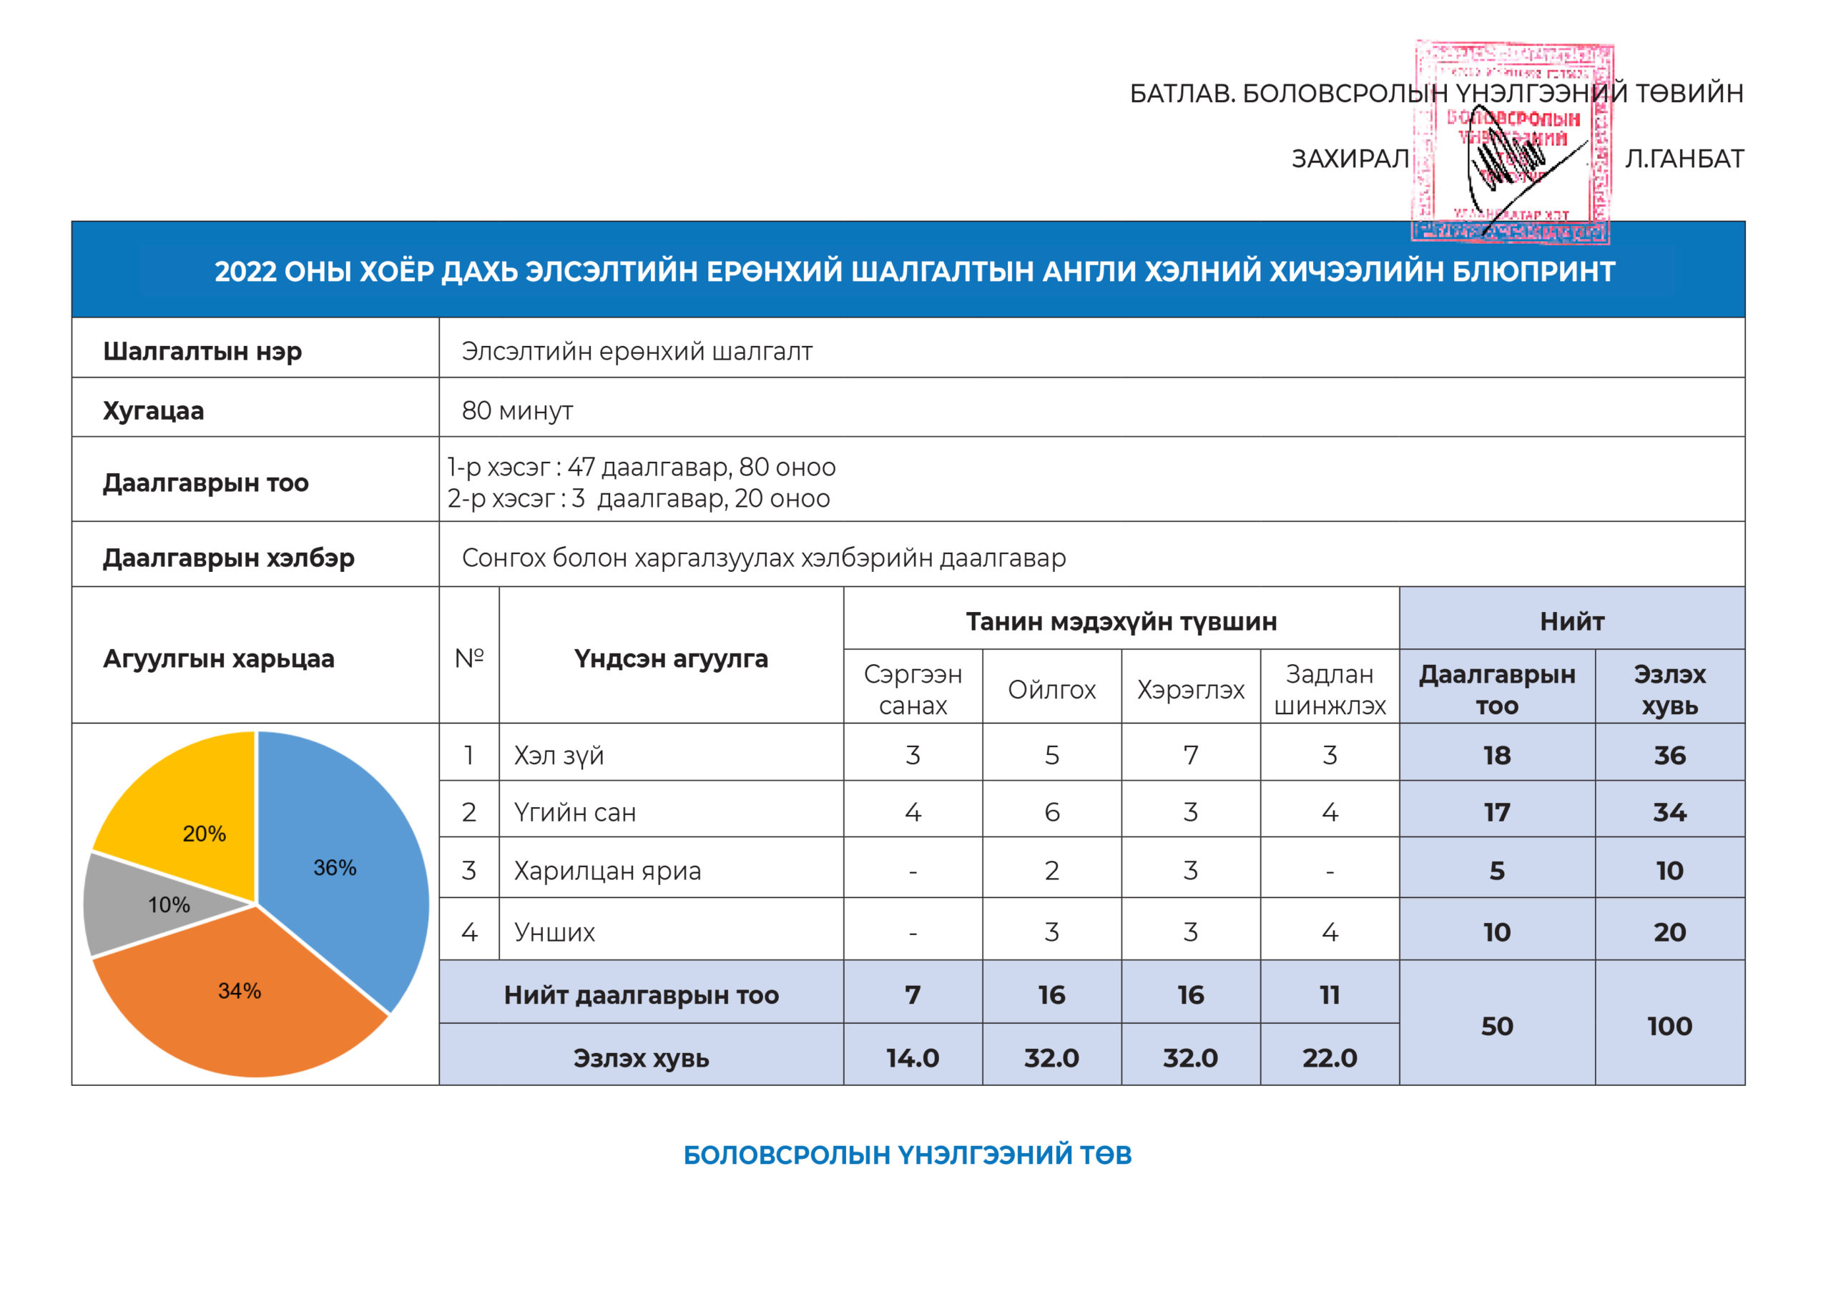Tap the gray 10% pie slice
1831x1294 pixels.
(159, 905)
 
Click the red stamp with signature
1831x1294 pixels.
(1512, 144)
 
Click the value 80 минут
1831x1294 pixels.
(517, 410)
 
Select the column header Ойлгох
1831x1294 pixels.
(1051, 690)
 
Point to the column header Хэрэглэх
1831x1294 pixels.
(1190, 690)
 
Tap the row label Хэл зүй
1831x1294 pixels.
(558, 755)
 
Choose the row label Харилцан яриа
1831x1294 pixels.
(607, 871)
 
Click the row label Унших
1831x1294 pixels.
(554, 932)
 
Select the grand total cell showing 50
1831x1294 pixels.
(1497, 1026)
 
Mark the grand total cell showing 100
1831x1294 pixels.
(1669, 1026)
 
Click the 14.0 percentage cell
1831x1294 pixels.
(913, 1058)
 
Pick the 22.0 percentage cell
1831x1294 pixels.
(1330, 1058)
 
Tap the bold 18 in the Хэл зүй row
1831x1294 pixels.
(1497, 755)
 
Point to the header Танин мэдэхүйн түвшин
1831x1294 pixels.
(1121, 621)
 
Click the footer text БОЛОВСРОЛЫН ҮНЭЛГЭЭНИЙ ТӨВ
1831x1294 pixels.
(907, 1155)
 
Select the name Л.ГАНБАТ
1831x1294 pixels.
(1684, 159)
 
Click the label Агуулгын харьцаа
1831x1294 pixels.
(219, 658)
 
